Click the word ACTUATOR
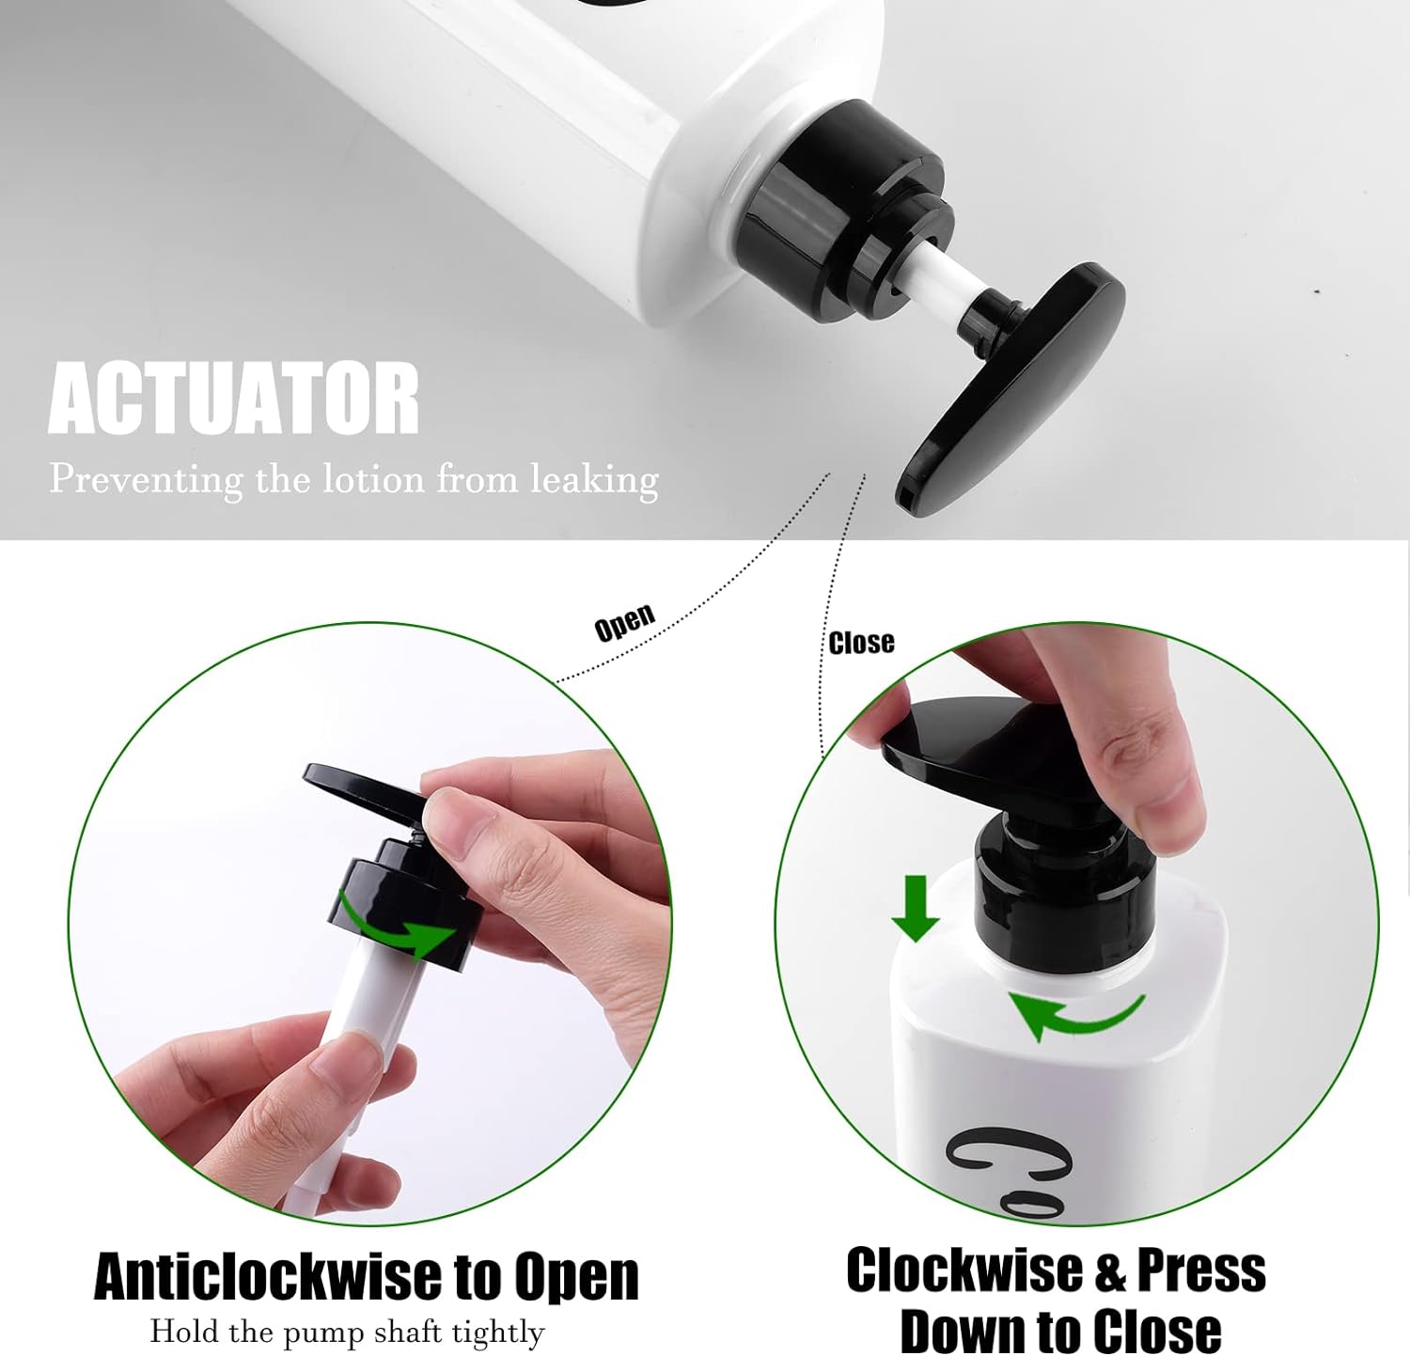(x=233, y=398)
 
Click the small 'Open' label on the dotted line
(x=625, y=623)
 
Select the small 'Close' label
(x=861, y=643)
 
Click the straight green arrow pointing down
(x=915, y=908)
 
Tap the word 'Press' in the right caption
(x=1201, y=1270)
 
